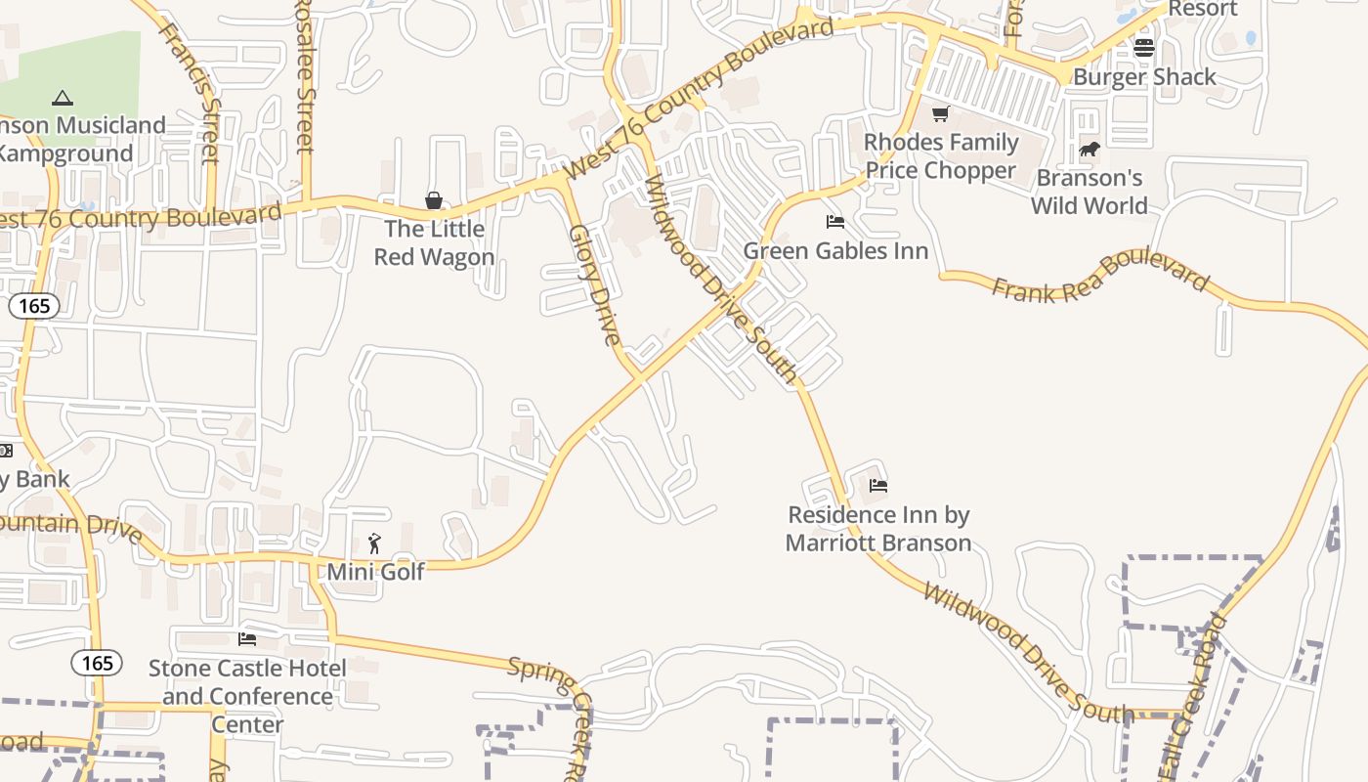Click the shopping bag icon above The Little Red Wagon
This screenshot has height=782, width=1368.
pos(434,200)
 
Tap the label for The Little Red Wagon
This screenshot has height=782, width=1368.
pos(434,243)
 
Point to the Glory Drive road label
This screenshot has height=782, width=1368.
pos(595,284)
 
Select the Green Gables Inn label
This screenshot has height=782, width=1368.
pos(835,251)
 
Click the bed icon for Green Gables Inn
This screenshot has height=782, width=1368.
pos(835,222)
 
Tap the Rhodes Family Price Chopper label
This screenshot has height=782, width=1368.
pos(941,156)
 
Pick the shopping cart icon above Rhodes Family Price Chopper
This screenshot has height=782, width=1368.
pos(940,114)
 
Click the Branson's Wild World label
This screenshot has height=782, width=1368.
pos(1090,192)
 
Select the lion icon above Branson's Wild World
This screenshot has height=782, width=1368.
pos(1089,150)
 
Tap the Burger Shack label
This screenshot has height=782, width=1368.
pos(1144,77)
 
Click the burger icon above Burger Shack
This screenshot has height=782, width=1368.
pos(1144,47)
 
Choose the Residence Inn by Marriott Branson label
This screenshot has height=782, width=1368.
pos(878,529)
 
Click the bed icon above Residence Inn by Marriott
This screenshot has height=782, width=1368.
pos(878,485)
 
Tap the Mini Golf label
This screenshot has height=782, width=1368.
pos(375,572)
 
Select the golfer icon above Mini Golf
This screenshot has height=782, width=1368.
pos(374,543)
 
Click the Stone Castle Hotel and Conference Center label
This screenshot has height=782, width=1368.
pos(247,696)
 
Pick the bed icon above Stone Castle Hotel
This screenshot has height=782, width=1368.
pos(247,639)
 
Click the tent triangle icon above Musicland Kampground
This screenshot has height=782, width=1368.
pos(63,98)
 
